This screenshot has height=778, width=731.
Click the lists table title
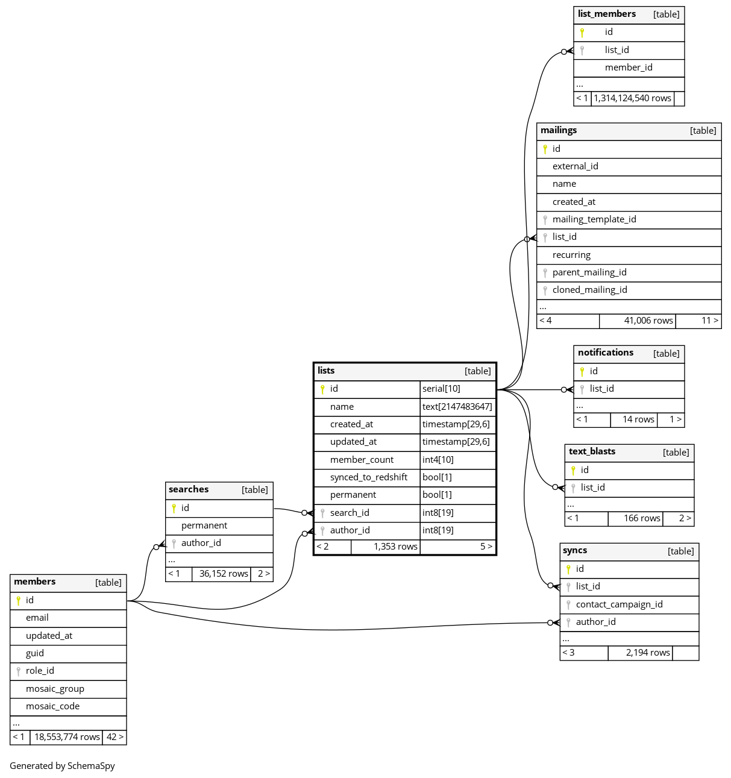pos(326,371)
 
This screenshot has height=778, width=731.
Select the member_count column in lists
pos(362,460)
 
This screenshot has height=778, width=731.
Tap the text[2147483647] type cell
pos(457,407)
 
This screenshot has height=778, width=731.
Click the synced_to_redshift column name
pos(368,477)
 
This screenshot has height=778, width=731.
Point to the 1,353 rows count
pos(395,547)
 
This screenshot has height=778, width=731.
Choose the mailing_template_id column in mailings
pos(594,219)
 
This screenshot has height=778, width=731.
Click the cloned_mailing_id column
pos(589,290)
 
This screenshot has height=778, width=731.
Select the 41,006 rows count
pos(648,321)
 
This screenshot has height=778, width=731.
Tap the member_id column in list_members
pos(629,67)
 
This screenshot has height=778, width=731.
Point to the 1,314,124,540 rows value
pos(632,98)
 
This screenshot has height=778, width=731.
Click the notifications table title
pos(605,353)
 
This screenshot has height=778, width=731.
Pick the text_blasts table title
pos(592,451)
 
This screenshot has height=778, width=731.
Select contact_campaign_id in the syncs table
pos(619,604)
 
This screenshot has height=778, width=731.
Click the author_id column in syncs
pos(595,622)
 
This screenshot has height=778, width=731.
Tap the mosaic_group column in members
pos(55,689)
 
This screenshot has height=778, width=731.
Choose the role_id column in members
pos(40,671)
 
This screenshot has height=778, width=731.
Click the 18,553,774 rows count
pos(67,737)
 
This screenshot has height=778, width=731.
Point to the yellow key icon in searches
pos(174,508)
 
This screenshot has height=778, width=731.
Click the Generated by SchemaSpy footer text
pos(62,766)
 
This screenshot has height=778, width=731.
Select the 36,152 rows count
pos(224,574)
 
